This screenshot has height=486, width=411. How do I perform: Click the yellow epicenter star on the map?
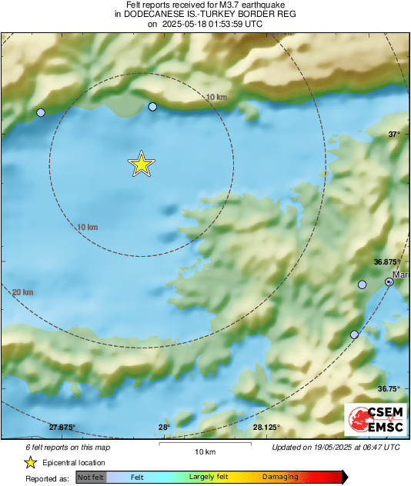(x=142, y=164)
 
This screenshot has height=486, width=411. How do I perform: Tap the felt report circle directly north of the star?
(x=152, y=107)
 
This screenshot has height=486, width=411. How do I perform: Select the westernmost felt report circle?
(x=42, y=112)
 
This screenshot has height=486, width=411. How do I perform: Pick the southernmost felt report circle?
(x=354, y=335)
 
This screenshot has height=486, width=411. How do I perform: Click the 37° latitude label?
(x=394, y=134)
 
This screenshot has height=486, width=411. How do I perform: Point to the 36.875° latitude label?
(x=388, y=261)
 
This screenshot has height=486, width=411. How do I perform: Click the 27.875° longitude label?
(x=62, y=428)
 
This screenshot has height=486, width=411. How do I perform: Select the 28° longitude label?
(x=164, y=428)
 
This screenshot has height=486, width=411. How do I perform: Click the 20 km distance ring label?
(x=23, y=292)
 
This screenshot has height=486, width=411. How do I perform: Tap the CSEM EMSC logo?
(x=374, y=420)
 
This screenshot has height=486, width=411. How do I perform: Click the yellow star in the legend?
(x=30, y=462)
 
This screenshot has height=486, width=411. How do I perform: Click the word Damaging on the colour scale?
(x=280, y=478)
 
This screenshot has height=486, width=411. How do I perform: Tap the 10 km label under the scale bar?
(x=204, y=451)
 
